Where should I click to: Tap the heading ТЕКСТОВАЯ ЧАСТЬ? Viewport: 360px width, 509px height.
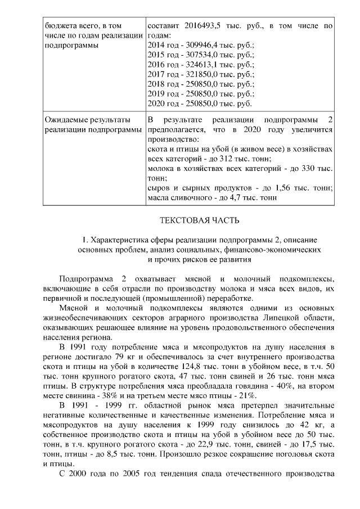point(192,220)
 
